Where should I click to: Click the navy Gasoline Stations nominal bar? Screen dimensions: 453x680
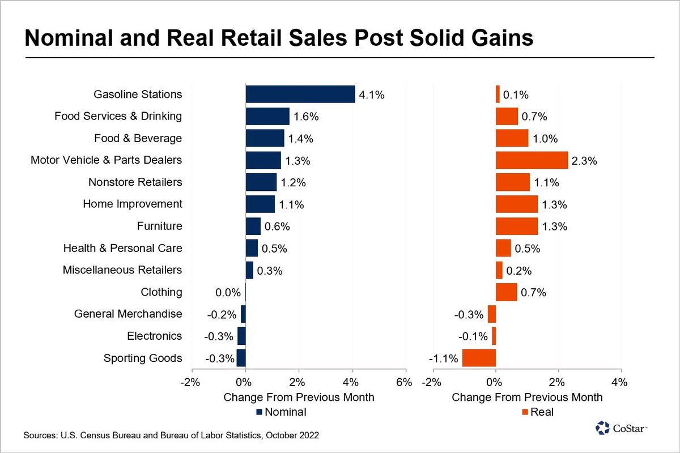pyautogui.click(x=300, y=95)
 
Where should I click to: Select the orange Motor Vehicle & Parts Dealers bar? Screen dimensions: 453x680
pyautogui.click(x=532, y=160)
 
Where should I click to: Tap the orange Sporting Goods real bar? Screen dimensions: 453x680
pyautogui.click(x=479, y=358)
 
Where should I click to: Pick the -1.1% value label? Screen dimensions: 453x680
pyautogui.click(x=443, y=358)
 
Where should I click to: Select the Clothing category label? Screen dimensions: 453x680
pyautogui.click(x=161, y=292)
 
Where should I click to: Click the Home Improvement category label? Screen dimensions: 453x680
pyautogui.click(x=132, y=204)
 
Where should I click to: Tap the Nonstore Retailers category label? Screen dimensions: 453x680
pyautogui.click(x=135, y=182)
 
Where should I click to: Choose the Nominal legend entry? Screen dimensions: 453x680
pyautogui.click(x=281, y=412)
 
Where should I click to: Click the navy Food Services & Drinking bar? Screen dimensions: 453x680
pyautogui.click(x=267, y=117)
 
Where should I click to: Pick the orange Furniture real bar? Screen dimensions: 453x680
pyautogui.click(x=516, y=226)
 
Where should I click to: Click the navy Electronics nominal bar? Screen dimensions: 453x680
pyautogui.click(x=241, y=336)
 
